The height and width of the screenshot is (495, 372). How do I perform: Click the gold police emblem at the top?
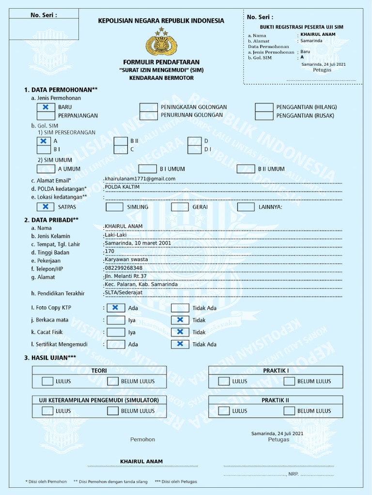(161, 43)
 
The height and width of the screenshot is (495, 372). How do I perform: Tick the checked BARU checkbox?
(46, 107)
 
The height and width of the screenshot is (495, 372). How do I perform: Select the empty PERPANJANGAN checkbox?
(46, 116)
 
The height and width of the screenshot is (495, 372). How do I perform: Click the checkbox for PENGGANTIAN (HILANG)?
(264, 107)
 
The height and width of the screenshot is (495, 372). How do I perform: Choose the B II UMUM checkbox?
(246, 169)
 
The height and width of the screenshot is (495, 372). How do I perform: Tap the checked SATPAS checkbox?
(46, 207)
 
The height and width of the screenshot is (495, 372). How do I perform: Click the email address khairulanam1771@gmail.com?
(140, 179)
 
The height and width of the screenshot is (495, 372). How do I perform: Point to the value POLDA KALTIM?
(122, 187)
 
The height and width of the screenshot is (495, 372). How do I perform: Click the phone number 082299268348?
(124, 268)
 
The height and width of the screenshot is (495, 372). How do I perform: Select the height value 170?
(109, 251)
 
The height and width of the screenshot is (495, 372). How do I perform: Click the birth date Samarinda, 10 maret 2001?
(138, 243)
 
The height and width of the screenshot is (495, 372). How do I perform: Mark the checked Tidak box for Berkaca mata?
(180, 320)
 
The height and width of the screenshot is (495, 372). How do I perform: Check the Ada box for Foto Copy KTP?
(115, 307)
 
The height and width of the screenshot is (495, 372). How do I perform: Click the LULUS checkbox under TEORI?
(47, 381)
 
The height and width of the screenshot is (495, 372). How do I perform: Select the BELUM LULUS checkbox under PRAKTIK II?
(289, 411)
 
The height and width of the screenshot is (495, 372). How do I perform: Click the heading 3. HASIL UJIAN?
(50, 357)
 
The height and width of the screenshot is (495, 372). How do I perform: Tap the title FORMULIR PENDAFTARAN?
(161, 62)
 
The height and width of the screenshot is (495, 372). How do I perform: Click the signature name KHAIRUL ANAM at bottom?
(141, 462)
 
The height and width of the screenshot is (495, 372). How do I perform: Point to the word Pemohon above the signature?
(142, 439)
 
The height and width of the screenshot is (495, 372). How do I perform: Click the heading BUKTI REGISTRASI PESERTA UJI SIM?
(301, 27)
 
